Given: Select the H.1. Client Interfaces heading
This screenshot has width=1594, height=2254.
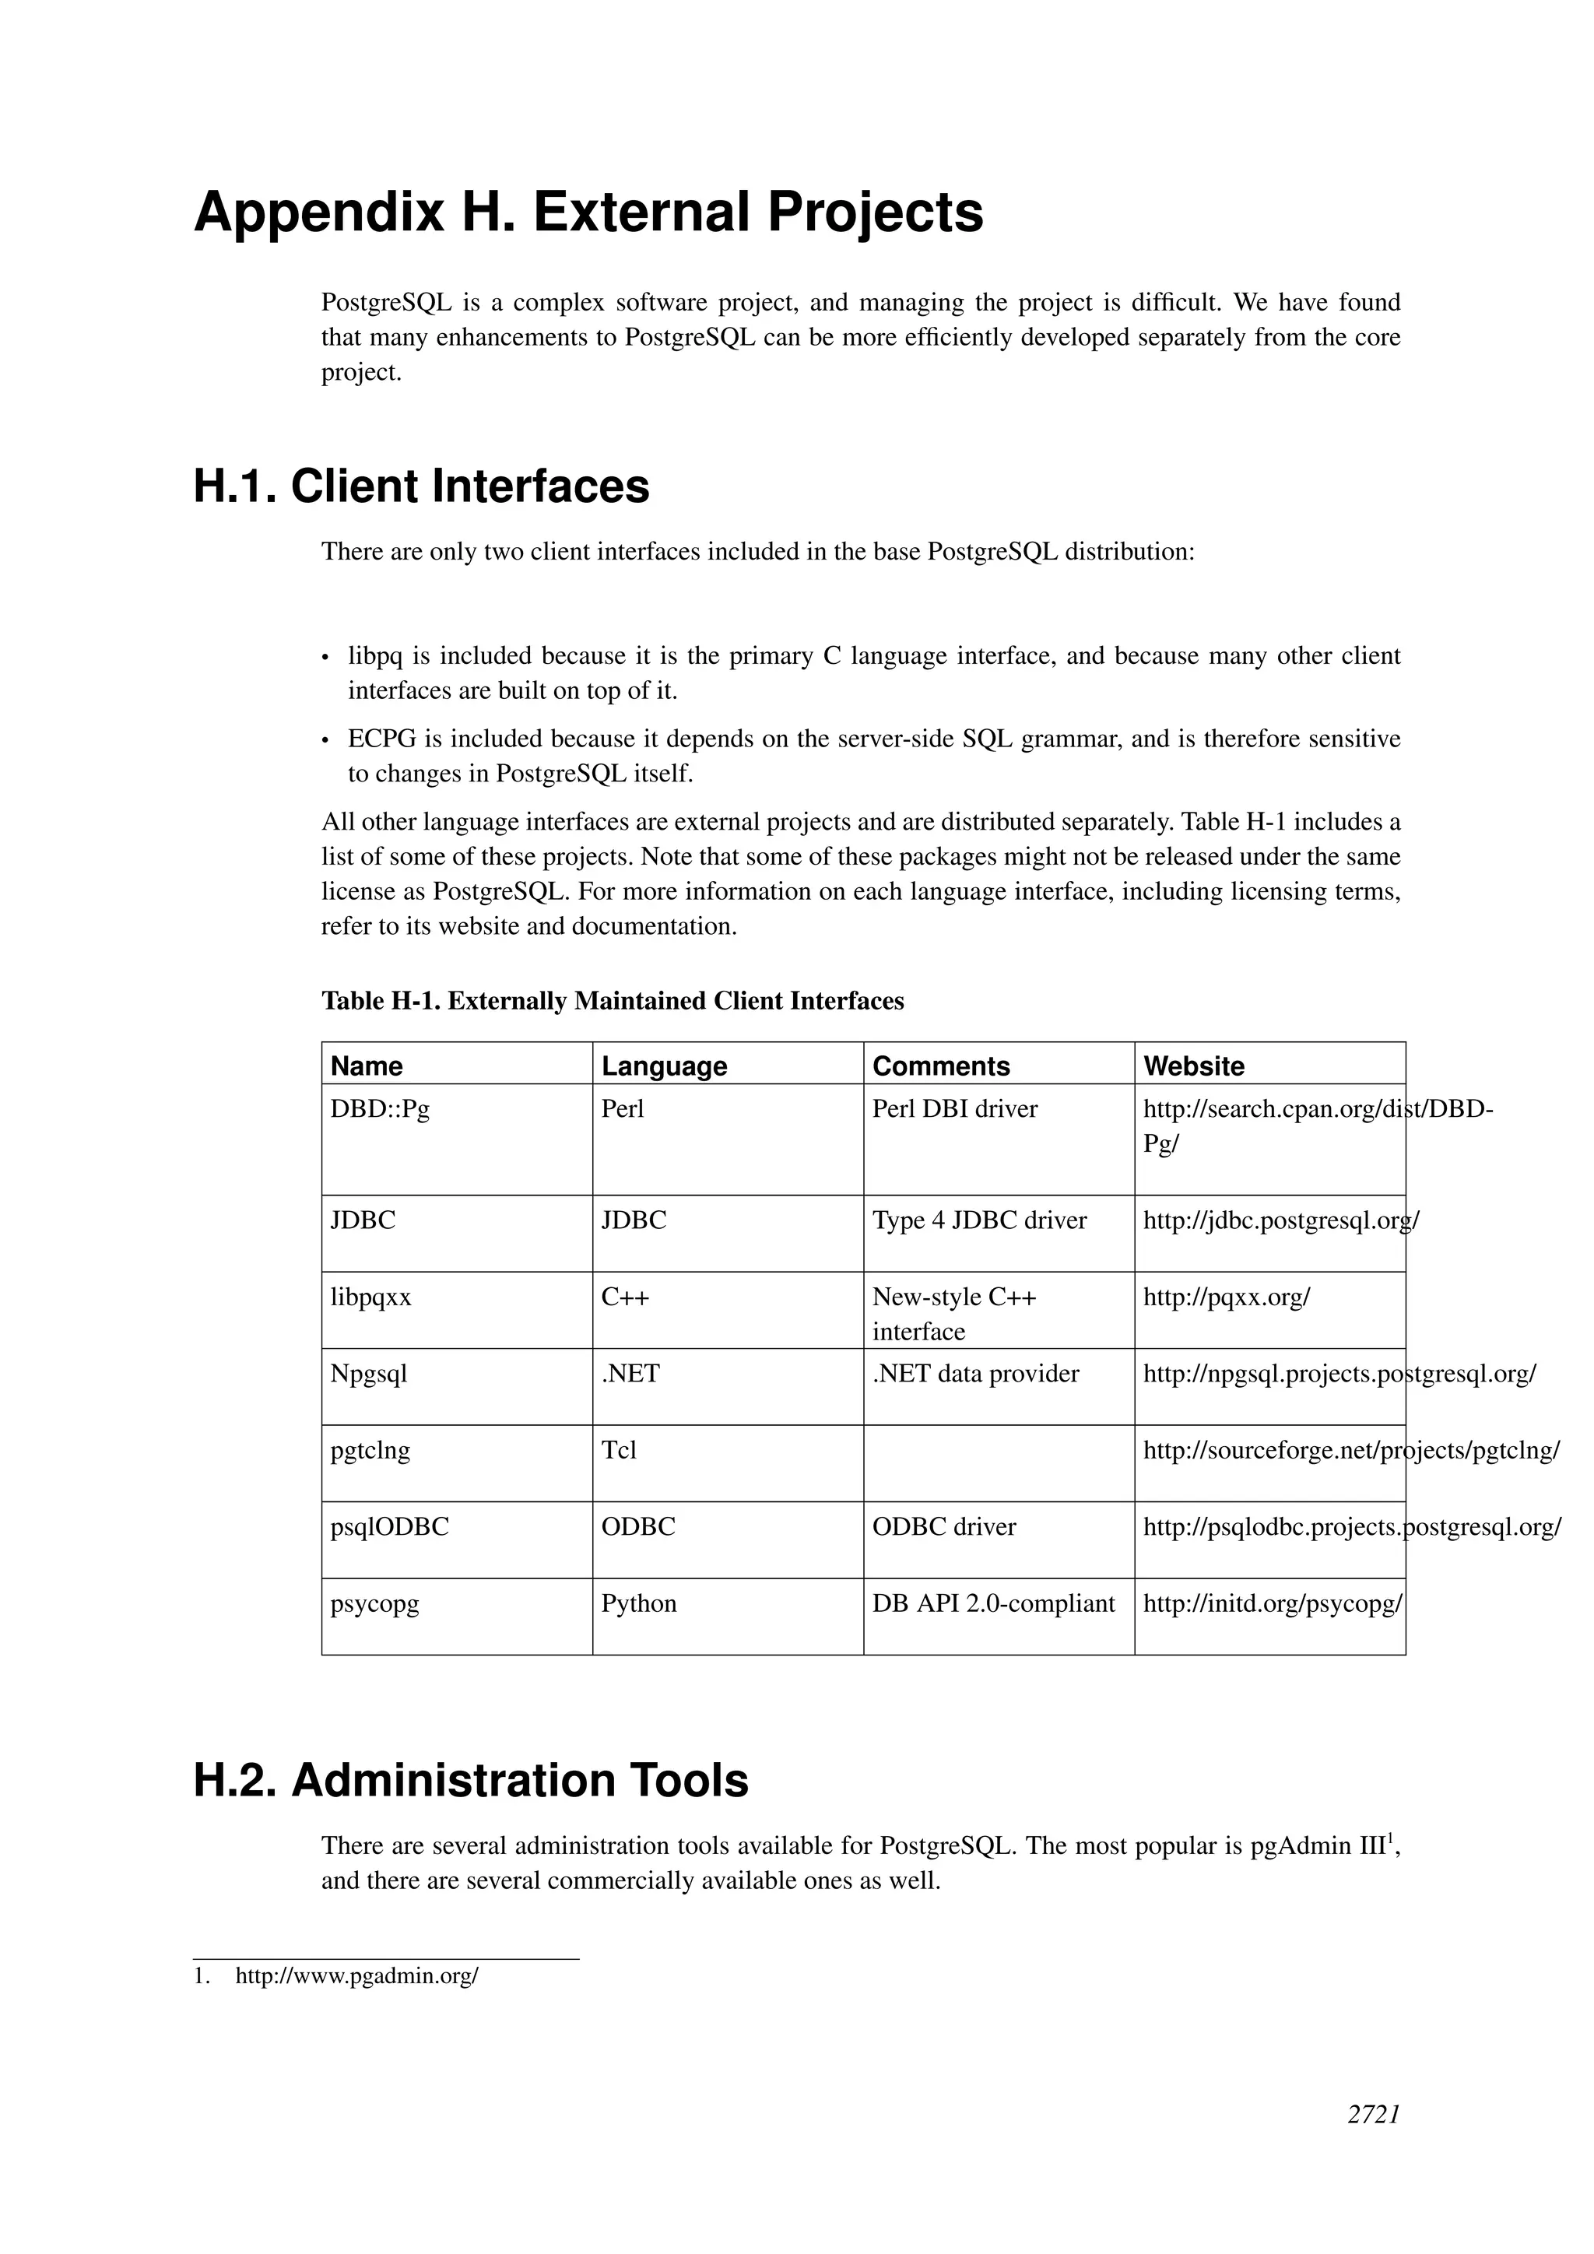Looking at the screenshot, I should click(421, 487).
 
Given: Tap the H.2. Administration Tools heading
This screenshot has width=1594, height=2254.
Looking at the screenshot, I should click(470, 1781).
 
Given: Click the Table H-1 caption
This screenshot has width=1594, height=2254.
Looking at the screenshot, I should click(613, 1002).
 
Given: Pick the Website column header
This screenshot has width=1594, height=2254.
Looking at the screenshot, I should click(1193, 1066).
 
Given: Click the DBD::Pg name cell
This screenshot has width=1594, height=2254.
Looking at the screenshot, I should click(380, 1109).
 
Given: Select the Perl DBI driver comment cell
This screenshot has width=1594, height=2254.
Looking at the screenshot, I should click(954, 1109).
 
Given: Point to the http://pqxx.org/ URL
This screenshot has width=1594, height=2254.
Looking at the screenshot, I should click(1226, 1297).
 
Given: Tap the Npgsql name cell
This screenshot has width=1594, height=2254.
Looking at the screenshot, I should click(368, 1375).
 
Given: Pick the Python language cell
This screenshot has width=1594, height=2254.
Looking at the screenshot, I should click(638, 1604).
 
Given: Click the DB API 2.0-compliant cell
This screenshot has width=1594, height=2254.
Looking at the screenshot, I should click(993, 1604).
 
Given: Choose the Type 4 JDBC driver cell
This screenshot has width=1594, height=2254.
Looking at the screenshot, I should click(978, 1221).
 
